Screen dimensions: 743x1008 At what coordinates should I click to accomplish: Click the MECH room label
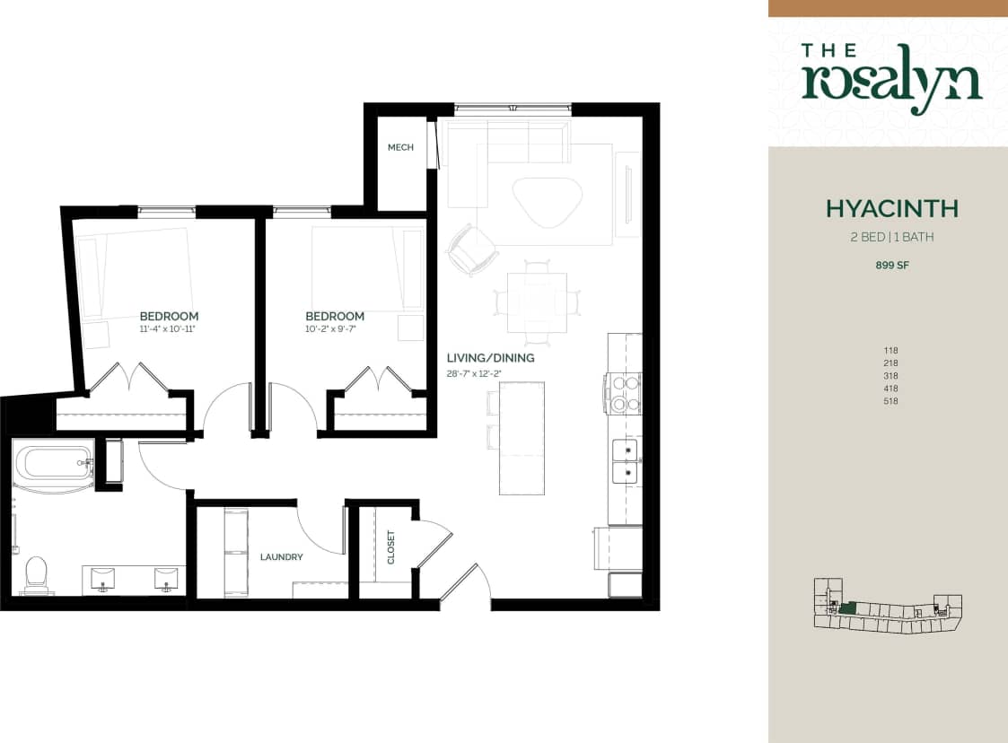(400, 147)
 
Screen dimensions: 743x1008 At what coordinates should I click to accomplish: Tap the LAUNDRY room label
(282, 557)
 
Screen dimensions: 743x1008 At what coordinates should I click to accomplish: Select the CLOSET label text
(390, 547)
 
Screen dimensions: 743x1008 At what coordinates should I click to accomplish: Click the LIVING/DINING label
(490, 358)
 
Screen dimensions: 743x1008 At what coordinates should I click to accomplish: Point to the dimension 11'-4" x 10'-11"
(168, 329)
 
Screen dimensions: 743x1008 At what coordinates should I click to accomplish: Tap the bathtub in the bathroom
(54, 463)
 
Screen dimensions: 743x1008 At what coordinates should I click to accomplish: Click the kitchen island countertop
(522, 438)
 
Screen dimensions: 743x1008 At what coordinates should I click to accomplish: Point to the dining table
(537, 302)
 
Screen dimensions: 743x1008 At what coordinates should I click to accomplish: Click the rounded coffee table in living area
(547, 202)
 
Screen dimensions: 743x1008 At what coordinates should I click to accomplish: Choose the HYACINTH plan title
(891, 209)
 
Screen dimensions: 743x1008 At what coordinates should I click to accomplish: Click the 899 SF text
(891, 266)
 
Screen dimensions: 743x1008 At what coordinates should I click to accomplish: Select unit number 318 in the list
(891, 376)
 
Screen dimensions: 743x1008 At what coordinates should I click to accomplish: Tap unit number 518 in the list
(891, 401)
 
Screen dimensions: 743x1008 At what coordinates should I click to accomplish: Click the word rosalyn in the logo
(891, 83)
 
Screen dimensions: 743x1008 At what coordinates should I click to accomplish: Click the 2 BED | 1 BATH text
(891, 238)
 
